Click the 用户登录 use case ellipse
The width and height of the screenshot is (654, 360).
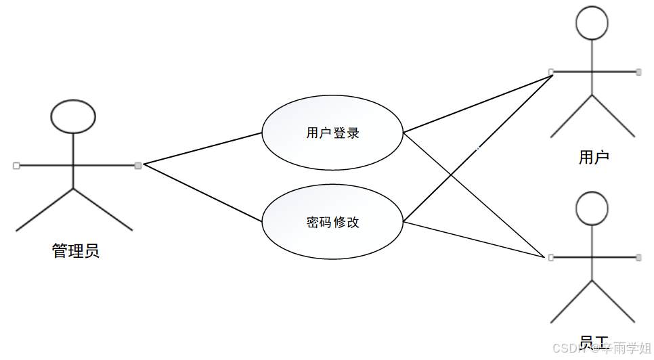332,133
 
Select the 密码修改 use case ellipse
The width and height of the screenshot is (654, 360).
332,221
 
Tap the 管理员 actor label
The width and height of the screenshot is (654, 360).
75,251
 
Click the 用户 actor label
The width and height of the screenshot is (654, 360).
594,158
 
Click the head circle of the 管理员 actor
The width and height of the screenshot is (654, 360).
73,116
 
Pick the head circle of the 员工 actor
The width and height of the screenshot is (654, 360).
592,208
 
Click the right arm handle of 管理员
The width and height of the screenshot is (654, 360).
138,165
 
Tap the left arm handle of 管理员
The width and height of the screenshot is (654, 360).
16,165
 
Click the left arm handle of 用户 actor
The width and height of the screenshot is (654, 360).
551,71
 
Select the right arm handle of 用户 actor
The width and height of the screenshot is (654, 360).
638,71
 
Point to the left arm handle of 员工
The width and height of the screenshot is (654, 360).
551,257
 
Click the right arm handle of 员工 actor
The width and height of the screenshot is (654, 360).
638,257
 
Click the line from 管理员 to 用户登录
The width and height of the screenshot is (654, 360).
203,148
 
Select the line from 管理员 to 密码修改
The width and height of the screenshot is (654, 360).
203,194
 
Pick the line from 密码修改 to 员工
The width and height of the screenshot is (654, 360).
474,239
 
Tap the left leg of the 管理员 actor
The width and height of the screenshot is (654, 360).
45,209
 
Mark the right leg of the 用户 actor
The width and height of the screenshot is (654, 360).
613,116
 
